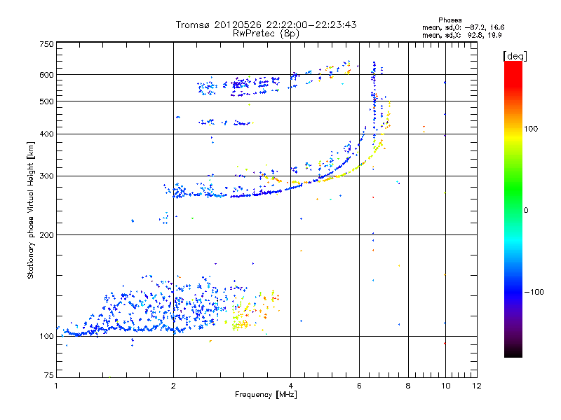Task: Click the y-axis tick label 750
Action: tap(46, 44)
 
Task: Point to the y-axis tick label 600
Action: tap(46, 74)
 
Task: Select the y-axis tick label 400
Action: tap(46, 134)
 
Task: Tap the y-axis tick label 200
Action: tap(46, 234)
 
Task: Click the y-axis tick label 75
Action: tap(48, 375)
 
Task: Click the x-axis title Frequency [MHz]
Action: tap(266, 395)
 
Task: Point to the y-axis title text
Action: tap(31, 210)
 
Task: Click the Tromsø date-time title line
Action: tap(266, 24)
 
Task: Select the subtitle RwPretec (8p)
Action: tap(266, 33)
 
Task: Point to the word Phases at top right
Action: tap(450, 20)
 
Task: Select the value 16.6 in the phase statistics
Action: tap(497, 27)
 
